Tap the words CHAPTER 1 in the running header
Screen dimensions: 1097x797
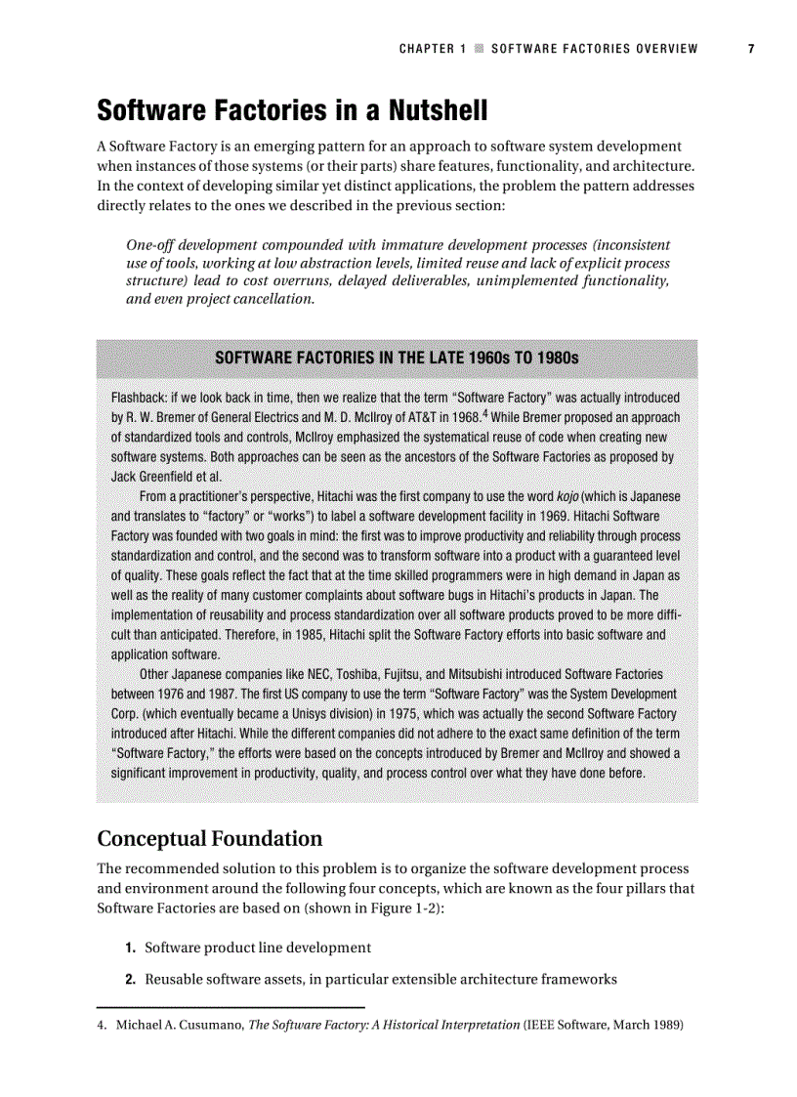click(427, 49)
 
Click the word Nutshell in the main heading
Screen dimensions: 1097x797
click(434, 111)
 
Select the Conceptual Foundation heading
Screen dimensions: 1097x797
click(209, 839)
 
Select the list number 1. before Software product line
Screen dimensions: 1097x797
click(130, 948)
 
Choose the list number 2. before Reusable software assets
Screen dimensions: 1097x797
click(130, 980)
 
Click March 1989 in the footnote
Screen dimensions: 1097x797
click(647, 1025)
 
